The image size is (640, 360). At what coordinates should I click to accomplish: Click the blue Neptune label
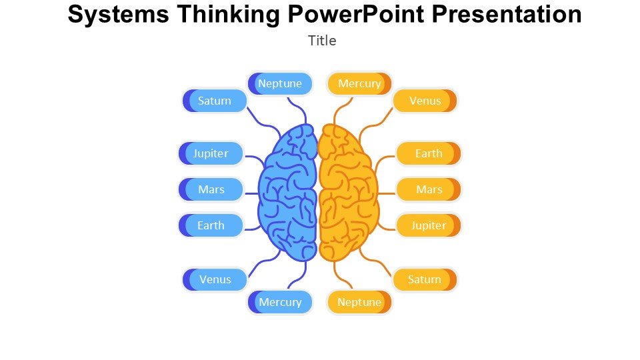pos(280,84)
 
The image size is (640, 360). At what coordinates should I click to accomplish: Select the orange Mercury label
pos(359,84)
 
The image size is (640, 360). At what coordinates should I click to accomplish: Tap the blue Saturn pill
pos(214,101)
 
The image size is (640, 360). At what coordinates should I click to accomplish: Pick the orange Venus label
pos(425,101)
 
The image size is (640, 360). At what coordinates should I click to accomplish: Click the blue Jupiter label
pos(211,154)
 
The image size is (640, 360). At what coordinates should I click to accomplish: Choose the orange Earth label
pos(429,154)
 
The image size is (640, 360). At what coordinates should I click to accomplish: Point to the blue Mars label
pos(211,190)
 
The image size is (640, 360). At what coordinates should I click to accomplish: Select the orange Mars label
pos(429,190)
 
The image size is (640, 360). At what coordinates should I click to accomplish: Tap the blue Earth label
pos(211,226)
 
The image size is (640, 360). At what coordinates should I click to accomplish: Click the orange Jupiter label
pos(429,226)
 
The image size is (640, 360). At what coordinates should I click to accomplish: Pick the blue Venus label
pos(215,280)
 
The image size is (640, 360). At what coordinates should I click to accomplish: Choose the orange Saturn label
pos(425,280)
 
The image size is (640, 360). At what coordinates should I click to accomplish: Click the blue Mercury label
pos(280,303)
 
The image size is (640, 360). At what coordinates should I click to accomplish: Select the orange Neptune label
pos(359,303)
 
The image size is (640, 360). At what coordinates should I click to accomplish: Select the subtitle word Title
pos(322,41)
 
